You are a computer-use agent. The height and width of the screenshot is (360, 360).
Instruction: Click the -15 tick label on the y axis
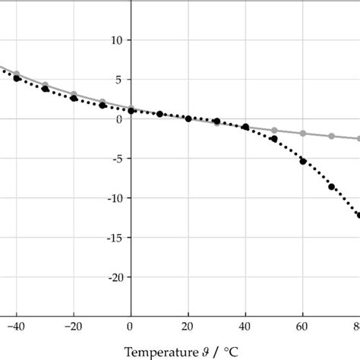[x=114, y=238]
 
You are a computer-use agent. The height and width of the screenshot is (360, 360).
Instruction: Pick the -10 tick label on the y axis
[x=114, y=198]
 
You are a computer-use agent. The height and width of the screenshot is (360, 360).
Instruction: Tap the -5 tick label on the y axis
[x=117, y=159]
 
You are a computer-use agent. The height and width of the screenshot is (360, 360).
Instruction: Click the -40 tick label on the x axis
[x=16, y=327]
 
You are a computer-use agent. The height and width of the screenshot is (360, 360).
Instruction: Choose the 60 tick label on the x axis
[x=303, y=327]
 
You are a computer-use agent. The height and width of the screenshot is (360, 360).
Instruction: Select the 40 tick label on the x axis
[x=245, y=327]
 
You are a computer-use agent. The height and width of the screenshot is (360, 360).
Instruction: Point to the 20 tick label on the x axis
[x=188, y=327]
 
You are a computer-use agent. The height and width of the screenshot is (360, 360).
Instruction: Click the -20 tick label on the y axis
[x=114, y=277]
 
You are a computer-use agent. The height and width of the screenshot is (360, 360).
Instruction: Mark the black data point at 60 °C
[x=303, y=161]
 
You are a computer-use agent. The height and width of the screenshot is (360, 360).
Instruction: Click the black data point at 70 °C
[x=331, y=187]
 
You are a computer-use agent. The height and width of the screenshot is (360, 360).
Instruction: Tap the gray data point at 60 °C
[x=303, y=134]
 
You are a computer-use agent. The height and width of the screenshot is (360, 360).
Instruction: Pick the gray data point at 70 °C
[x=331, y=136]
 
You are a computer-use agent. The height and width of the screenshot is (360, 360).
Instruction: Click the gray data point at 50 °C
[x=274, y=131]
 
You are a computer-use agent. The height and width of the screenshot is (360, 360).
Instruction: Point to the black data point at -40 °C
[x=17, y=78]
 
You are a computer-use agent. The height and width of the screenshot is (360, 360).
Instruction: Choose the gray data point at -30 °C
[x=45, y=85]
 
